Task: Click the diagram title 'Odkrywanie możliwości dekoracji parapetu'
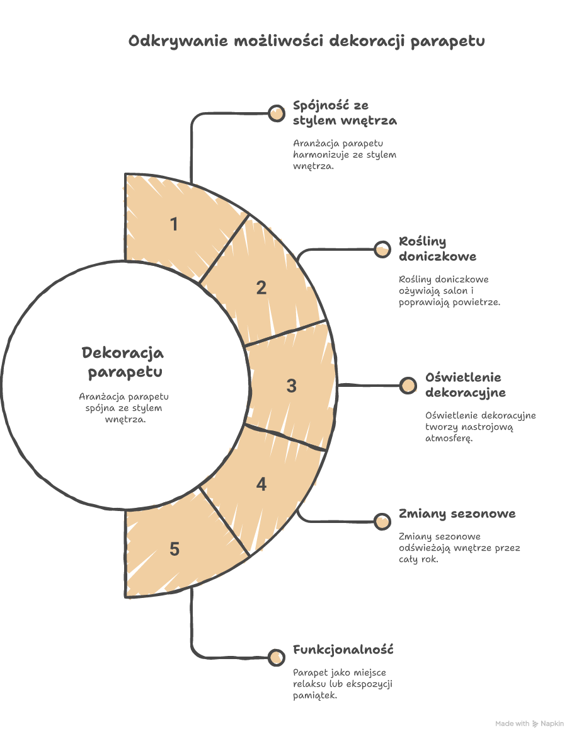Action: click(306, 41)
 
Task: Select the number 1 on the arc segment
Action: click(174, 224)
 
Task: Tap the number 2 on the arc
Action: click(261, 288)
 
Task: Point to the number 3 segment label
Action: click(292, 386)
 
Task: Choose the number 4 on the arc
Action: click(261, 485)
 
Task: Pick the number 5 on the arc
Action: click(175, 549)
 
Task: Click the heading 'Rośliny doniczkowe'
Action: click(438, 249)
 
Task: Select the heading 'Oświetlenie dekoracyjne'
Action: click(466, 385)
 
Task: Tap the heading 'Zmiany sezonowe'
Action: click(457, 514)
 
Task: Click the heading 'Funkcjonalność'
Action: click(343, 650)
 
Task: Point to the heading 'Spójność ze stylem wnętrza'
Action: click(345, 113)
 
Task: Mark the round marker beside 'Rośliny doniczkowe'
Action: click(382, 249)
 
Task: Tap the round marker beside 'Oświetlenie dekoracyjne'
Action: click(408, 386)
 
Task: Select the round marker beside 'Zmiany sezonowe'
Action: click(382, 522)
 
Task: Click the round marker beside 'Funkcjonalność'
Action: click(277, 657)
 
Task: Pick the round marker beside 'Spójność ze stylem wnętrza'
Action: click(277, 113)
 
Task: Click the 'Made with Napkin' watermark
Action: click(529, 723)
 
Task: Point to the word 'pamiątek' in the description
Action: click(314, 696)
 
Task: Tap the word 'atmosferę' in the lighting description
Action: click(449, 439)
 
